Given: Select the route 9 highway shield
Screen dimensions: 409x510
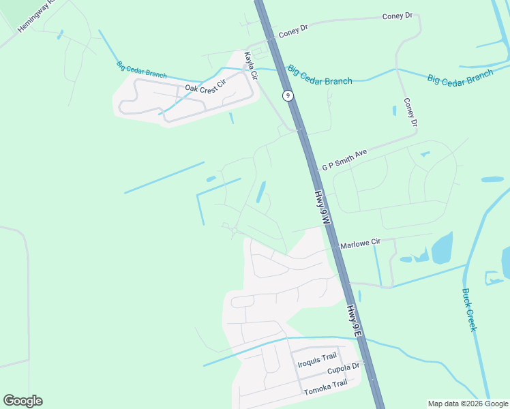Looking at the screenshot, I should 288,95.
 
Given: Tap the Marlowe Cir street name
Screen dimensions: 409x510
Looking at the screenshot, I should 360,243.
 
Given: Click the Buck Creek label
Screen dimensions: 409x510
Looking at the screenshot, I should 469,309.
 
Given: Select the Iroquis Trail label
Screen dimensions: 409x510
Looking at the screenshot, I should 317,357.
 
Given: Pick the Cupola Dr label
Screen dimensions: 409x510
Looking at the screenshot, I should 343,369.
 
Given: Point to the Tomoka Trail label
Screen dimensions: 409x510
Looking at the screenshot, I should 325,383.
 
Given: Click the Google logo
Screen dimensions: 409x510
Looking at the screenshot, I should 22,401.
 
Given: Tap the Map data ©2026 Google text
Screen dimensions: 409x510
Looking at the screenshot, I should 468,404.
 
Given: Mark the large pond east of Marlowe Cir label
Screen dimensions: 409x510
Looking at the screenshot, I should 442,247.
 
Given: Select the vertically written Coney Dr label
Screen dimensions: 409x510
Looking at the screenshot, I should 410,113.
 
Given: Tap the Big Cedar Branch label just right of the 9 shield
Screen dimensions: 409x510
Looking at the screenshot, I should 320,75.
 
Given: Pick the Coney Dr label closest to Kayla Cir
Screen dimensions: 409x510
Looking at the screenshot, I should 293,31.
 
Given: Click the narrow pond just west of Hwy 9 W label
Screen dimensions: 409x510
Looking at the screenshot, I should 260,192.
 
